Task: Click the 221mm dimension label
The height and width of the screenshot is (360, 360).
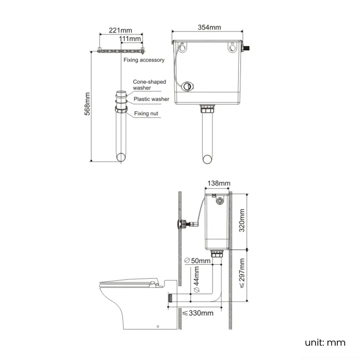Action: (x=121, y=30)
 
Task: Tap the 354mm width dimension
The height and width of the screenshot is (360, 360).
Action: (x=208, y=28)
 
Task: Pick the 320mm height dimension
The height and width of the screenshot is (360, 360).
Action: (x=241, y=220)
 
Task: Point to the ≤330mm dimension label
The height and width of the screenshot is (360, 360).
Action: (x=198, y=313)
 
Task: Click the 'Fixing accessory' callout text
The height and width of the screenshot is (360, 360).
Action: (x=144, y=60)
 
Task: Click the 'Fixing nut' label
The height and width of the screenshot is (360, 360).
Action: (x=147, y=114)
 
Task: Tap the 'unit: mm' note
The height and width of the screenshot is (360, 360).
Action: (x=325, y=342)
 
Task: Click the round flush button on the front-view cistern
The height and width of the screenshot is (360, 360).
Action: (x=189, y=86)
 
